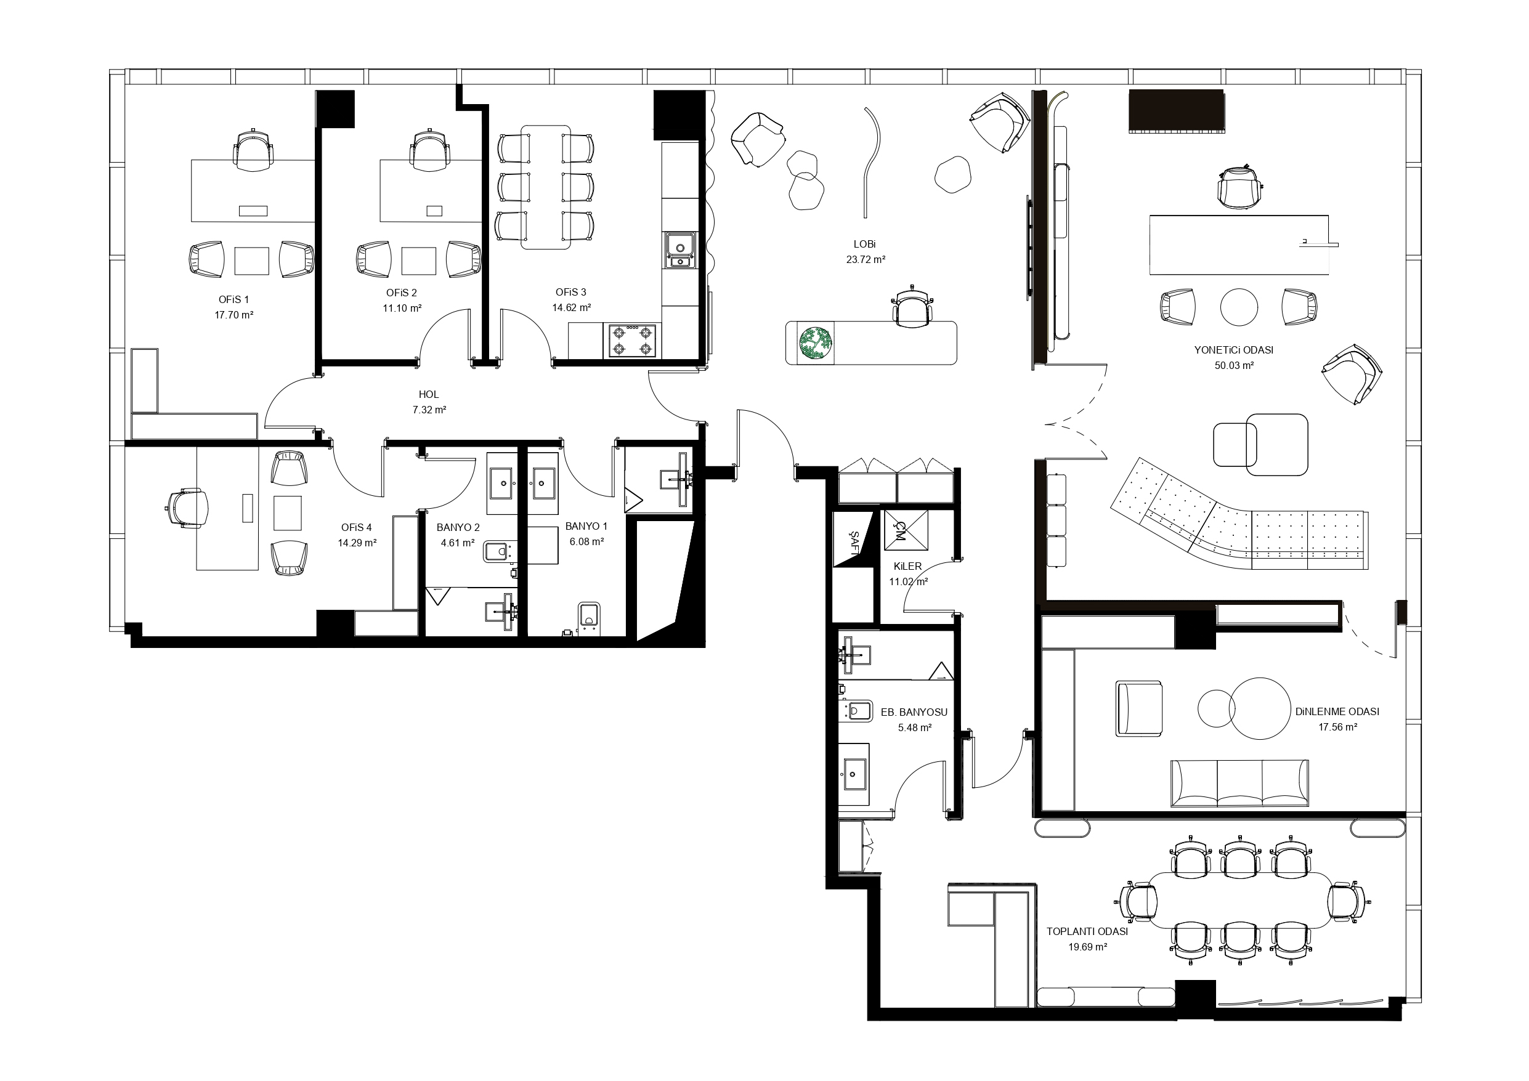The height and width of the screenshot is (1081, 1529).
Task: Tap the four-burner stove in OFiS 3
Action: click(x=632, y=341)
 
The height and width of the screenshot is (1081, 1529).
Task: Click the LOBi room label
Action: click(x=865, y=245)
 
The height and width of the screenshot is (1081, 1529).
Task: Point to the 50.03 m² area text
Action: click(x=1234, y=366)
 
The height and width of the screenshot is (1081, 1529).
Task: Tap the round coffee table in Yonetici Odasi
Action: click(x=1239, y=307)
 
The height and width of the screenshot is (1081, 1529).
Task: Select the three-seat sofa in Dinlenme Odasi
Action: click(x=1239, y=783)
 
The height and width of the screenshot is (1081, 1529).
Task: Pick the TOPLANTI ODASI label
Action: click(x=1087, y=932)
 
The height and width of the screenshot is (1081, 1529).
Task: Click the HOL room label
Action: click(x=429, y=395)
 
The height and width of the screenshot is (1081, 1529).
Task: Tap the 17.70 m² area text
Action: click(x=233, y=315)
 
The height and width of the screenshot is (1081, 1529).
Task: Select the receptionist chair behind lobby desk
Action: click(x=912, y=306)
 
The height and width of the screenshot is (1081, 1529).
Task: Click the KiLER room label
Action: click(x=907, y=566)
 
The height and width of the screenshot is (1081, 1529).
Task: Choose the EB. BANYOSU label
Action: click(x=914, y=712)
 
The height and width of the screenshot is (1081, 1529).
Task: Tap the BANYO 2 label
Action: click(x=458, y=527)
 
